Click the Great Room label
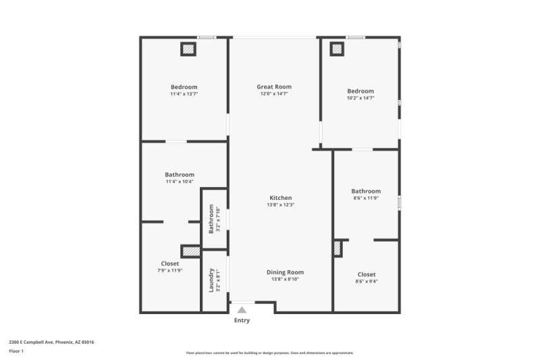(x=274, y=87)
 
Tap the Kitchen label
(x=280, y=198)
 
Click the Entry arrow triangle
(x=242, y=309)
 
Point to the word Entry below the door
(x=242, y=321)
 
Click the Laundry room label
(x=211, y=276)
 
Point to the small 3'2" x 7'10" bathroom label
(x=211, y=219)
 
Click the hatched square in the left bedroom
(x=188, y=49)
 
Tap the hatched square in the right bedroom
(x=336, y=49)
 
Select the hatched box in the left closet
(x=190, y=251)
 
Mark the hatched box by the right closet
(x=337, y=249)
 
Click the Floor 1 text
(x=16, y=351)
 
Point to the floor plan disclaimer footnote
(x=270, y=353)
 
